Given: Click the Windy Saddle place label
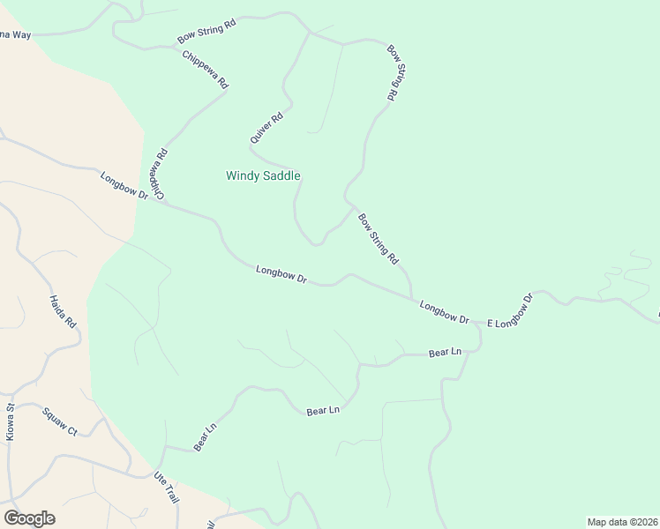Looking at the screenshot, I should [263, 175].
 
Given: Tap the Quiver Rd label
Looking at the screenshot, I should [266, 127].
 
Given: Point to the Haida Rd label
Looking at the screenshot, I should [63, 311].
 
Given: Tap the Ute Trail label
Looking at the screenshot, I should [166, 488].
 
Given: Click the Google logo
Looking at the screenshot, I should [29, 518].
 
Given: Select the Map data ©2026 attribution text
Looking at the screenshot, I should [622, 521].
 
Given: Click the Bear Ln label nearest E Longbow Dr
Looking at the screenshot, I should [445, 353].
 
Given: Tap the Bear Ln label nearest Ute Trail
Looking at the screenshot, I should [205, 438].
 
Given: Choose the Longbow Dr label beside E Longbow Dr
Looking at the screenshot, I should [444, 311].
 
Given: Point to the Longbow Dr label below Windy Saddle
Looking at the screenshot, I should [281, 275].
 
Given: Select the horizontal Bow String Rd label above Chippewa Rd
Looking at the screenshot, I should [207, 32].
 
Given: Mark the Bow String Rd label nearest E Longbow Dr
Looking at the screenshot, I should [379, 238].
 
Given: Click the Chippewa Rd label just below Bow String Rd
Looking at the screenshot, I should [206, 70].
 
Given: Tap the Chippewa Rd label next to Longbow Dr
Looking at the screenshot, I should [158, 173].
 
